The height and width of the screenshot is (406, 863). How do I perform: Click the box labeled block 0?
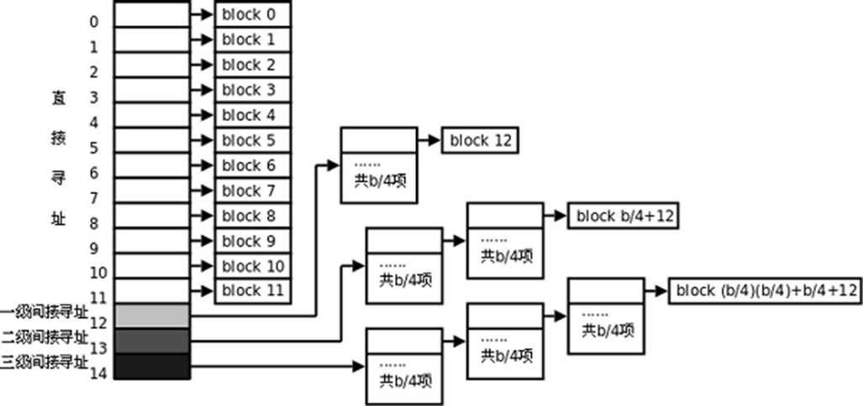[253, 14]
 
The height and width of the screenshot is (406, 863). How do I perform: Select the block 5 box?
[253, 140]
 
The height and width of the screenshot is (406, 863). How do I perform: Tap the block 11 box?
[253, 291]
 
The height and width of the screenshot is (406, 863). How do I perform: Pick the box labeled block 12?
[480, 141]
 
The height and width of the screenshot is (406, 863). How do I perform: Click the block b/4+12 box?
[623, 216]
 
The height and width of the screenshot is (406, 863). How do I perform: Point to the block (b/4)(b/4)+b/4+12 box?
[765, 291]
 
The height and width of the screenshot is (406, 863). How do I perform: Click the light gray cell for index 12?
[151, 316]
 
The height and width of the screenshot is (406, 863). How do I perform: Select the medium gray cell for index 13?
[151, 341]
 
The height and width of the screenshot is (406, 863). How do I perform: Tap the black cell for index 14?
[151, 367]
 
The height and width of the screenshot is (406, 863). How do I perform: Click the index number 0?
[93, 22]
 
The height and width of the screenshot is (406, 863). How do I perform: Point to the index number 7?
[93, 198]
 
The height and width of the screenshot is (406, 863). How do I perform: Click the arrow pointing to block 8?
[202, 216]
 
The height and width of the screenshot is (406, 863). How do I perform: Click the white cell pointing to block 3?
[151, 90]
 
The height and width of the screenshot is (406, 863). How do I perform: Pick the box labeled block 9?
[253, 241]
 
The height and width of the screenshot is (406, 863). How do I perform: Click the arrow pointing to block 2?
[202, 65]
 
